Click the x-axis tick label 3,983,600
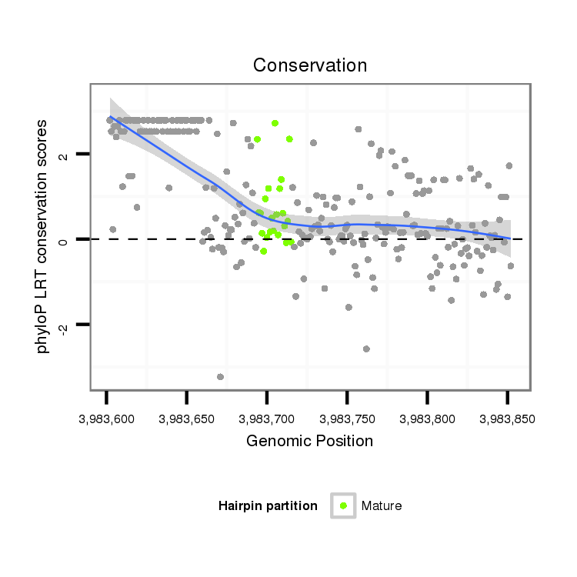106,420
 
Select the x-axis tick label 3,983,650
186,420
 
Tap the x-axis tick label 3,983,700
266,420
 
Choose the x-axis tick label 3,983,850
506,420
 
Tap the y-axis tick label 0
64,240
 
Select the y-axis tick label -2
64,327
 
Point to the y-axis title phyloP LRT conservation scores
44,236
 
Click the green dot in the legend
343,505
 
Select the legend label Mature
382,505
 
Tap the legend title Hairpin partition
268,505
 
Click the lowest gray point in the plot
221,376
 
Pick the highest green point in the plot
275,123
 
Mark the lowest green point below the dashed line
264,251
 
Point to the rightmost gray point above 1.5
509,165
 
